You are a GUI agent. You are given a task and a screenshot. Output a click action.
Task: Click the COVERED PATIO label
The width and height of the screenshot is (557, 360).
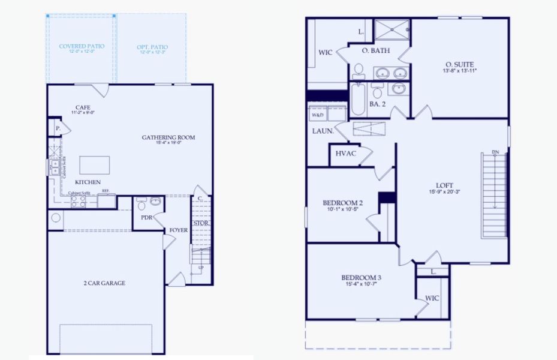click(x=82, y=46)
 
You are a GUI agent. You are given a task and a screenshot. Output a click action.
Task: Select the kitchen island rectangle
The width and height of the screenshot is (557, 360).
click(x=95, y=165)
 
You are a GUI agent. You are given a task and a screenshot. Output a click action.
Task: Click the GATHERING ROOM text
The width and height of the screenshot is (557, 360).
click(x=168, y=137)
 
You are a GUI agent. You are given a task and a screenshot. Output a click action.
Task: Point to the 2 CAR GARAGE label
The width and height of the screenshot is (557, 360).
click(x=104, y=283)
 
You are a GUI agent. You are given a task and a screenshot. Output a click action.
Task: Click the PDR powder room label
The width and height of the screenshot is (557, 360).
click(x=146, y=218)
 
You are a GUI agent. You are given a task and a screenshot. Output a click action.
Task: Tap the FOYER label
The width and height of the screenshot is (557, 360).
click(x=178, y=230)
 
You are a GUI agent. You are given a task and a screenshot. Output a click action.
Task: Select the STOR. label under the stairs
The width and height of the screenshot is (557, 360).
click(x=200, y=223)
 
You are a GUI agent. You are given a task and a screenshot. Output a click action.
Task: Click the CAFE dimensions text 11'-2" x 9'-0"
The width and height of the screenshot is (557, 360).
click(x=83, y=113)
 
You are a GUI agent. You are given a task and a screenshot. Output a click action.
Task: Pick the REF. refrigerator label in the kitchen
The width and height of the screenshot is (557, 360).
click(x=106, y=191)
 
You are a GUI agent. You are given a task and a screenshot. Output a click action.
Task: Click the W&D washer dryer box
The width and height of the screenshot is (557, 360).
click(x=317, y=114)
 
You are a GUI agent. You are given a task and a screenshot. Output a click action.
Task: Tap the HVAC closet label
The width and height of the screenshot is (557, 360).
click(x=346, y=154)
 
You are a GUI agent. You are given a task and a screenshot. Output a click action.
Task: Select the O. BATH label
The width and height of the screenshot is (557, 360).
click(x=376, y=51)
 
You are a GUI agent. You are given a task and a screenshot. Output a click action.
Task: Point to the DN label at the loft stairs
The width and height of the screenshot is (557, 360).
click(x=495, y=152)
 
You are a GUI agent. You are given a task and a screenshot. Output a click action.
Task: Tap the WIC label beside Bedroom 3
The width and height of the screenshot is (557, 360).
click(x=432, y=298)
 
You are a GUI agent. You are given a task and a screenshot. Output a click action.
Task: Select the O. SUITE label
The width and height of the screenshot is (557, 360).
click(x=460, y=64)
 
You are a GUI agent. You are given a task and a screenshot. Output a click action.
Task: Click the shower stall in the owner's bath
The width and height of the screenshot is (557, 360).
click(x=392, y=29)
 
